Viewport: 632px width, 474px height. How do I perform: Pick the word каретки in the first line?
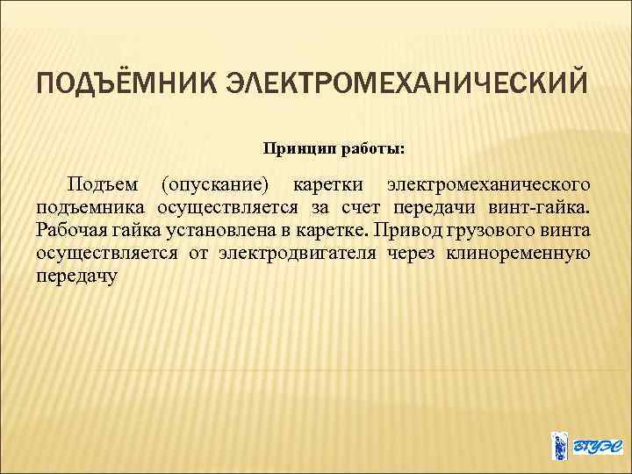[324, 185]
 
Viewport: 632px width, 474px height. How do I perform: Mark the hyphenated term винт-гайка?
[542, 208]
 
